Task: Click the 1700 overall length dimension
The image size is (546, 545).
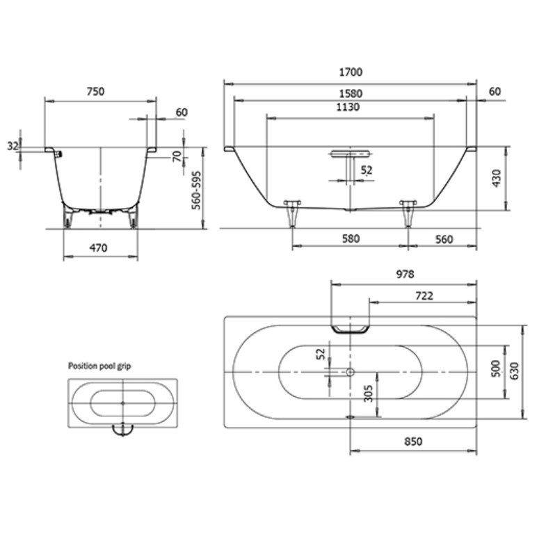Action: click(351, 72)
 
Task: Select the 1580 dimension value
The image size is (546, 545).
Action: click(351, 94)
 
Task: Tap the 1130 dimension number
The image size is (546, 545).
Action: click(348, 107)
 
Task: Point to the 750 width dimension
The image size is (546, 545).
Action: click(95, 92)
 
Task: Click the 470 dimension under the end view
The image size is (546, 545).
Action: click(99, 248)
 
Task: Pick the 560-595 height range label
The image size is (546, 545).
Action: click(197, 190)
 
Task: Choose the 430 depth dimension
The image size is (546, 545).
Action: click(497, 178)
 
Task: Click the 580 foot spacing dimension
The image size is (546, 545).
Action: click(351, 238)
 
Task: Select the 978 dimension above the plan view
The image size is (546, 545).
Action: click(406, 275)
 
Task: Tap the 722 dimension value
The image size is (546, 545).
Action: click(424, 296)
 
